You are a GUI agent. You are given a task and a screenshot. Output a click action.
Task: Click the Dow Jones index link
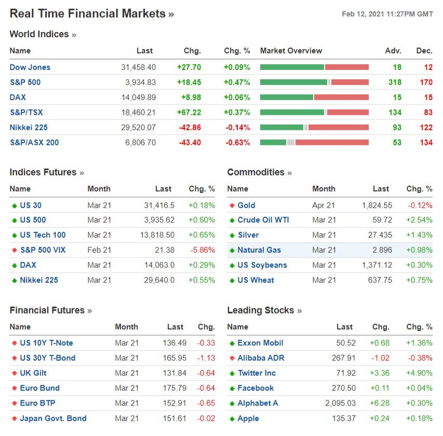point(30,67)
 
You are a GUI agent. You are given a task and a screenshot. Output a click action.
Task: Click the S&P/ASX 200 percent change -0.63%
point(237,142)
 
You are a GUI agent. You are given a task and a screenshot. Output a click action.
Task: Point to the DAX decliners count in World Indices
point(428,97)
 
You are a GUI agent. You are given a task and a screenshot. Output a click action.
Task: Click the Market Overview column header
point(291,51)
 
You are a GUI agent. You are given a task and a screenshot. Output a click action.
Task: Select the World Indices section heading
point(39,34)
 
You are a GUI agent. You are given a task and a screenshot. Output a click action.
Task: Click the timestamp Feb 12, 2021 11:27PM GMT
point(387,14)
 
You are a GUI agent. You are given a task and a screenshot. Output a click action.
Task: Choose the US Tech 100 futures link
point(43,235)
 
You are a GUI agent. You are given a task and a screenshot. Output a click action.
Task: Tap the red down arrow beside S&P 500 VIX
point(14,250)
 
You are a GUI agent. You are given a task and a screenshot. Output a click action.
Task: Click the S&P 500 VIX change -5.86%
point(203,250)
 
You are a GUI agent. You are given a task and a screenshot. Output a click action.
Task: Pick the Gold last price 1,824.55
point(377,205)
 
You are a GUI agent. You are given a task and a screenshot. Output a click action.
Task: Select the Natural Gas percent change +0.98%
point(419,250)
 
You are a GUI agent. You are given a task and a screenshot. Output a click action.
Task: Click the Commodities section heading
point(256,172)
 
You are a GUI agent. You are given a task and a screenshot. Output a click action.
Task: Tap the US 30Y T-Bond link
point(47,358)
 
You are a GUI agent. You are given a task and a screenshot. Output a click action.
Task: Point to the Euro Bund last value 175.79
point(174,388)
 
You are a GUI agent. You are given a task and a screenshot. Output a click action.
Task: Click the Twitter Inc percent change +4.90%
point(419,373)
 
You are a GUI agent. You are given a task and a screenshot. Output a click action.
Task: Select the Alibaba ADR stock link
point(261,358)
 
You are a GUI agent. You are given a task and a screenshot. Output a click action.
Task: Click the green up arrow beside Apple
point(232,418)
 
